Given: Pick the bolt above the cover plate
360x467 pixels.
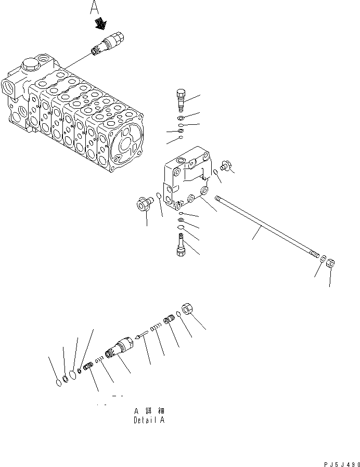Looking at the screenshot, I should (x=181, y=99).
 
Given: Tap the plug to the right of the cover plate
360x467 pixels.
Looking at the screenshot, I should (x=226, y=165).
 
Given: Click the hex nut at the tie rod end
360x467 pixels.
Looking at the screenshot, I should (x=330, y=263).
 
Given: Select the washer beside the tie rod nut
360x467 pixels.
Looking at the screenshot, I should (x=323, y=258).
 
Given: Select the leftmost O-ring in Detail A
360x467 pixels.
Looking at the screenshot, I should (x=58, y=383).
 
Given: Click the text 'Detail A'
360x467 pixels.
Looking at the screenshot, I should (x=149, y=420).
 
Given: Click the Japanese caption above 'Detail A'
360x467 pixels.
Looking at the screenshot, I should (x=149, y=411).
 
